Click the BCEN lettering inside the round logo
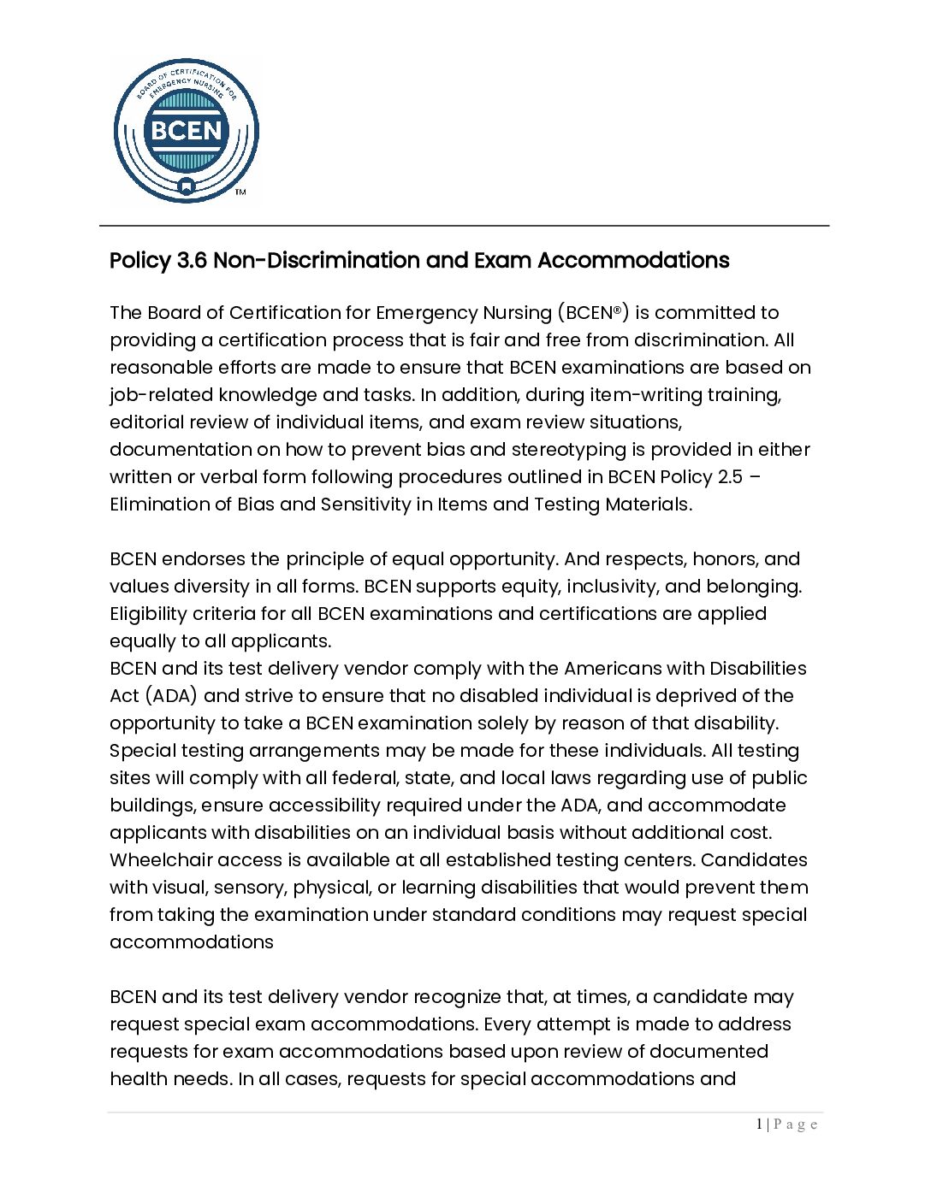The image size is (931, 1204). click(186, 131)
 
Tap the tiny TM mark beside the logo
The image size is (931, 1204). click(240, 192)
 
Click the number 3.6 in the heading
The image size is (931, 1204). click(192, 261)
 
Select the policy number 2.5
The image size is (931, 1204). click(731, 477)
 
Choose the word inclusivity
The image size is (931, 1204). click(614, 587)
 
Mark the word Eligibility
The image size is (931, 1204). click(148, 614)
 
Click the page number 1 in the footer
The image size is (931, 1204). click(759, 1124)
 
